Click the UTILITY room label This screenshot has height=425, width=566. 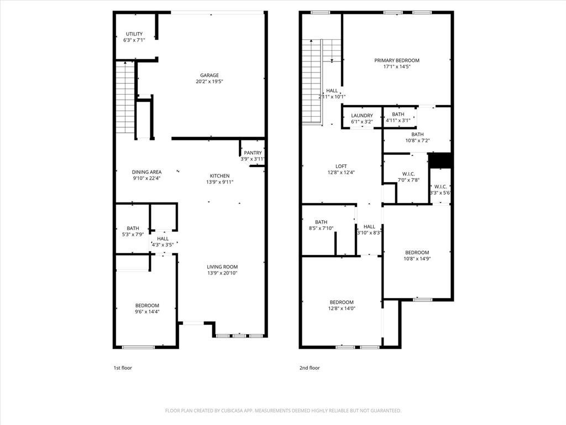pos(134,34)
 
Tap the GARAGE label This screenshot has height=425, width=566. pos(209,75)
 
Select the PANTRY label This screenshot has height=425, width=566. pos(253,153)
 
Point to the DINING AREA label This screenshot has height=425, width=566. pos(146,172)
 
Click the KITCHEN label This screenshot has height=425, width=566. pos(219,176)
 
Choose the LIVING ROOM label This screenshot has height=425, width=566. pos(222,267)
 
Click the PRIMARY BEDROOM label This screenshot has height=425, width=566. pos(397,60)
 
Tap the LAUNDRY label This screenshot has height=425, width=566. pos(362,116)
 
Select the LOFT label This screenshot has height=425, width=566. pos(341,166)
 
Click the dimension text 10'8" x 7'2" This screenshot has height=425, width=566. pos(417,141)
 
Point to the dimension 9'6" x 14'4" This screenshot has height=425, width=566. pos(147,312)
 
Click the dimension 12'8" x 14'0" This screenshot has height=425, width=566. pos(342,308)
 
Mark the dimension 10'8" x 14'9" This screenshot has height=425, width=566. pos(417,258)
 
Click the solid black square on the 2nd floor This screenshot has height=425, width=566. pos(439,160)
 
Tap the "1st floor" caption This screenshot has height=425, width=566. pos(123,368)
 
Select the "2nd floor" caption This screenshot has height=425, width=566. pos(310,368)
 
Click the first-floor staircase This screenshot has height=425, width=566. pos(125,97)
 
